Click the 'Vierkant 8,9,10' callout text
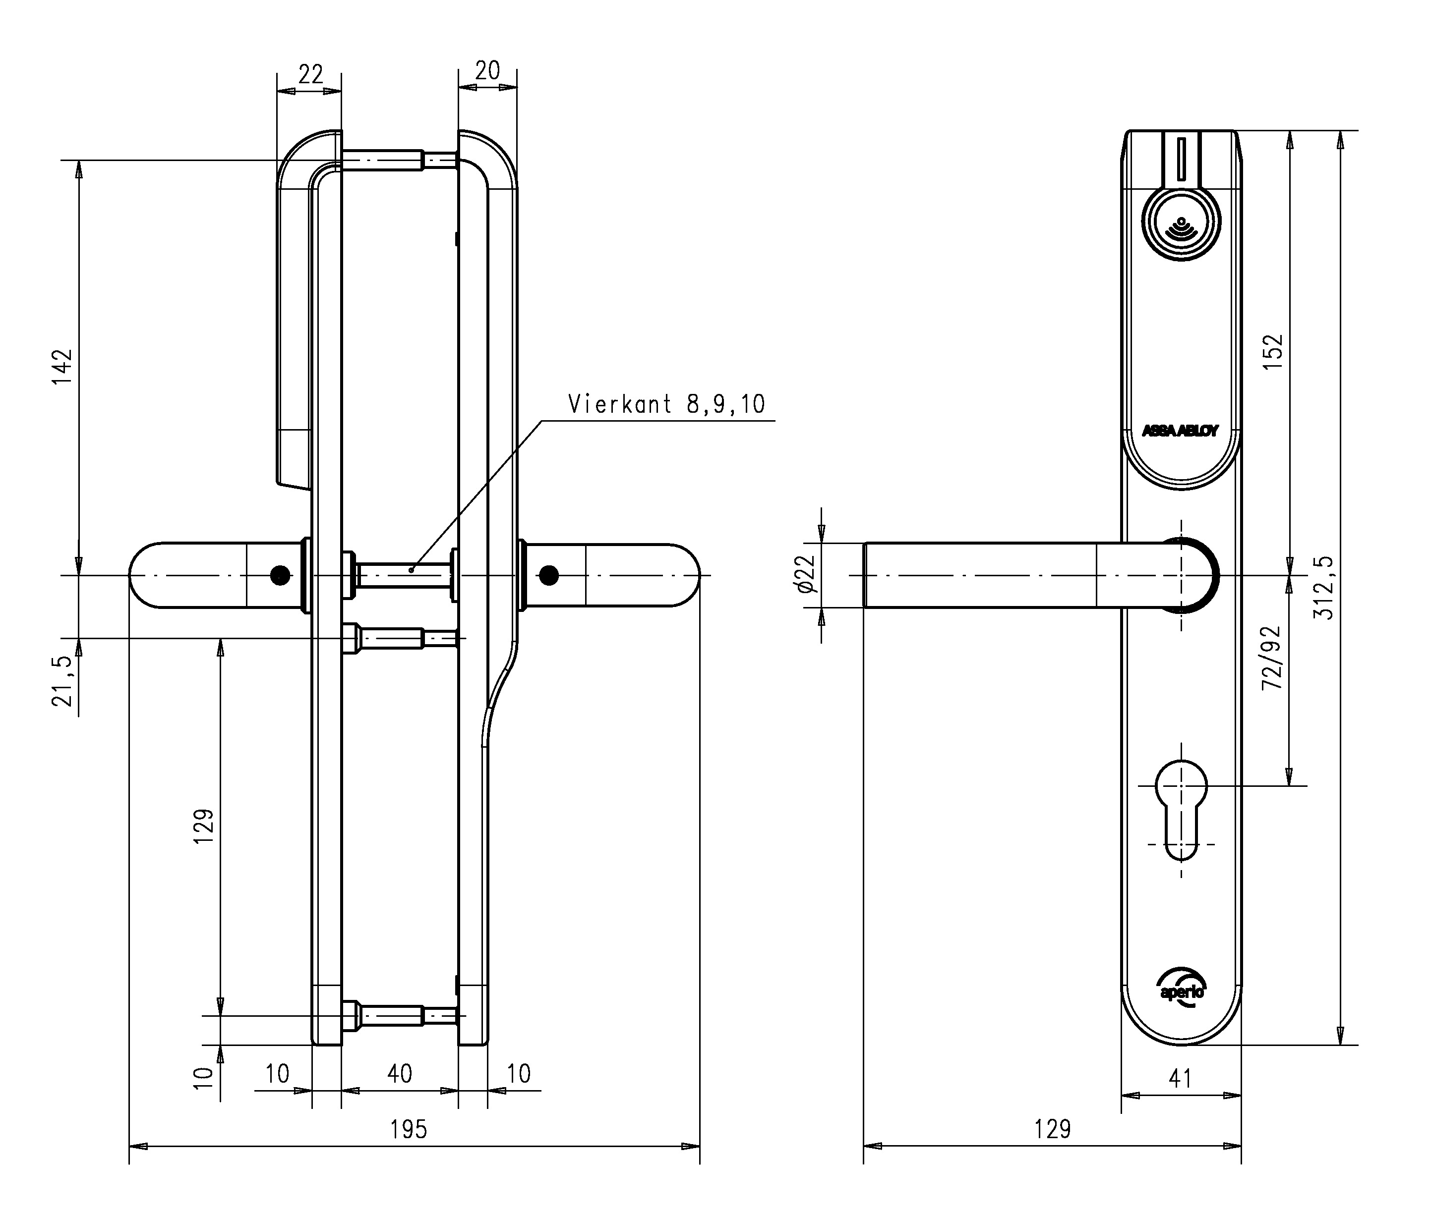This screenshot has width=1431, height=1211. click(x=666, y=404)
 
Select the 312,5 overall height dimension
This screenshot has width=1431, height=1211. click(x=1323, y=588)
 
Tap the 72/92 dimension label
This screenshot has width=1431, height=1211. click(x=1272, y=658)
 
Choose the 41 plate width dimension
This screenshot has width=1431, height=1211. click(x=1180, y=1079)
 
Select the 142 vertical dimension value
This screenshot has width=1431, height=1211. click(x=63, y=367)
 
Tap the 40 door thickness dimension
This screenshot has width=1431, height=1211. click(x=400, y=1074)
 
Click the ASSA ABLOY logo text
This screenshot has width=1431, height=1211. click(x=1180, y=431)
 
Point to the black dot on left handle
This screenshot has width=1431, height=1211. click(x=280, y=575)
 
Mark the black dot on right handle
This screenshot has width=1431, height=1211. click(x=548, y=575)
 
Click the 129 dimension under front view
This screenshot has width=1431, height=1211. click(x=1053, y=1129)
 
